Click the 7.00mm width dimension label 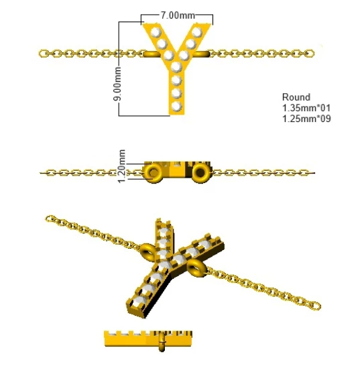[178, 15]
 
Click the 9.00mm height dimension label [117, 84]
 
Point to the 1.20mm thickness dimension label [121, 166]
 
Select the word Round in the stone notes [296, 97]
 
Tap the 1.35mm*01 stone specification [306, 108]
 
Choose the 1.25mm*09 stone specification [306, 119]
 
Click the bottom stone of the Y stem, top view [176, 106]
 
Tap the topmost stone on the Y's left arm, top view [156, 32]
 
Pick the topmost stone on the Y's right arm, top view [197, 32]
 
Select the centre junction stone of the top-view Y [176, 66]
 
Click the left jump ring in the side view [153, 173]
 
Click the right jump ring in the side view [200, 173]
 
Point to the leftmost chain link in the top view [43, 54]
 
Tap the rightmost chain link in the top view [310, 54]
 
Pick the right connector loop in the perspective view [196, 268]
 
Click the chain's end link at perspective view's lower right [316, 306]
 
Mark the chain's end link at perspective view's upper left [49, 219]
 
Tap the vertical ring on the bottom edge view [162, 342]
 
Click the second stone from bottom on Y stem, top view [176, 93]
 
